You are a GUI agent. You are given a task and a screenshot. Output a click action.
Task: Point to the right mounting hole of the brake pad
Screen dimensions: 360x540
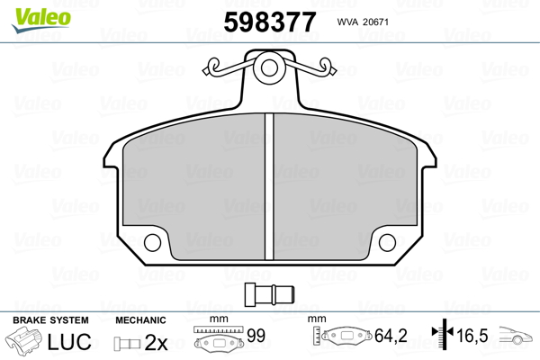pyautogui.click(x=389, y=242)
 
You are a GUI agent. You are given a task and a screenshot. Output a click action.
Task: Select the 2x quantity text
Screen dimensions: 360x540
pyautogui.click(x=157, y=342)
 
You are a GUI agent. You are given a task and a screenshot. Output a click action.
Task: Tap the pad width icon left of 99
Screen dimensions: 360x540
pyautogui.click(x=219, y=340)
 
